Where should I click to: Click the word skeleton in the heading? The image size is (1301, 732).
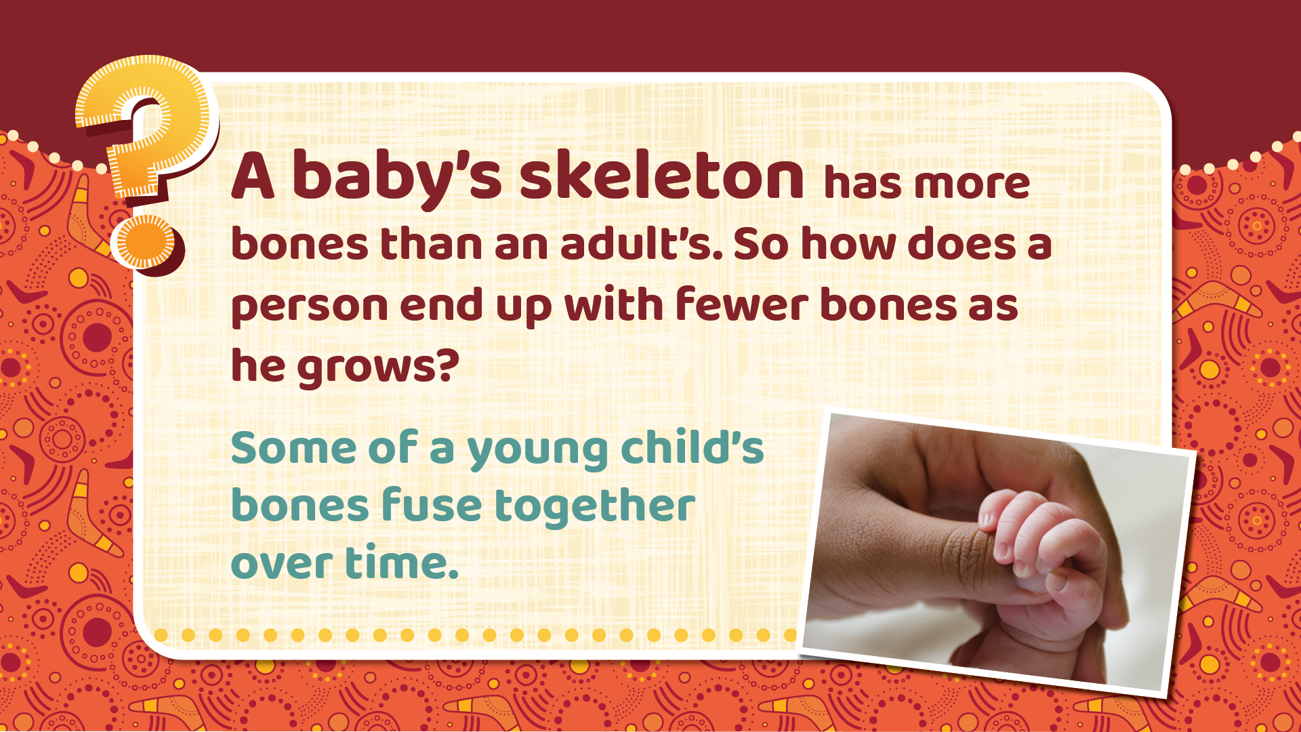(662, 176)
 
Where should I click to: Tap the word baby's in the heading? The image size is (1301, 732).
(397, 178)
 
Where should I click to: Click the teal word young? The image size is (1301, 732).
(537, 451)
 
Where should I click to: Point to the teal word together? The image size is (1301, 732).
(595, 508)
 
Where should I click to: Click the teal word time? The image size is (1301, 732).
(402, 562)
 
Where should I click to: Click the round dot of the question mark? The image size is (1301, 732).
(147, 242)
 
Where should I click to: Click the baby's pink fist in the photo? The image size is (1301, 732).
(1040, 563)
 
